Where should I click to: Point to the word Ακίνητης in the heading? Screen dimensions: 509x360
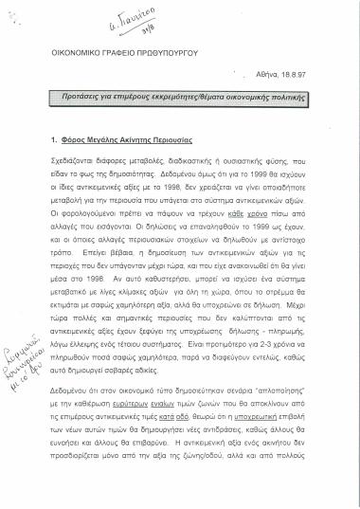coord(141,139)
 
